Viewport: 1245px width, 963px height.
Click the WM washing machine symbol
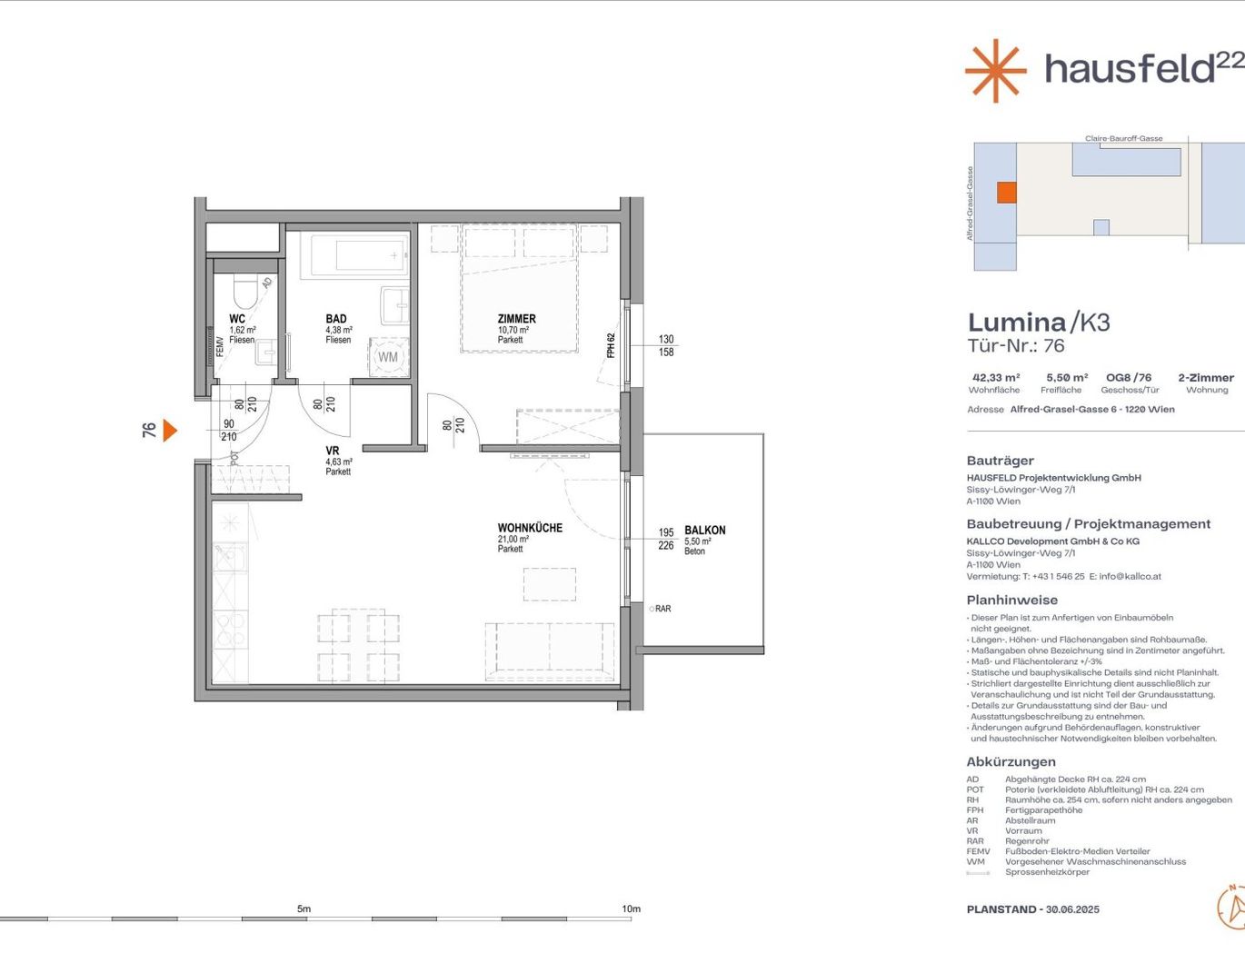click(388, 357)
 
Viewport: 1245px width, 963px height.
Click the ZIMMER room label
click(517, 319)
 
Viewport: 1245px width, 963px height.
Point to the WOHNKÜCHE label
click(530, 528)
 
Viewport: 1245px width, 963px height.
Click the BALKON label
click(704, 531)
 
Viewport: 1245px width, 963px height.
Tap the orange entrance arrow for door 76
click(170, 430)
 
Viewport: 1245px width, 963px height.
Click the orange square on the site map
click(1007, 193)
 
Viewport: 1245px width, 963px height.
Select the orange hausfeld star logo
click(996, 71)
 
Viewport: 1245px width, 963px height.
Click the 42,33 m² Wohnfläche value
click(996, 377)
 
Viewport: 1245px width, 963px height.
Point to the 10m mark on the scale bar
click(631, 908)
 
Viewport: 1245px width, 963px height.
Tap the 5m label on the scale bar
click(304, 908)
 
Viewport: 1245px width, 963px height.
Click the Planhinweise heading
click(1012, 600)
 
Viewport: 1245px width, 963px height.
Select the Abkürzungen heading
click(1011, 761)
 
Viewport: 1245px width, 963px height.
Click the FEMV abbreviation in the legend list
click(978, 851)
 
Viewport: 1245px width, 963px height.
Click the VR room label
click(333, 452)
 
